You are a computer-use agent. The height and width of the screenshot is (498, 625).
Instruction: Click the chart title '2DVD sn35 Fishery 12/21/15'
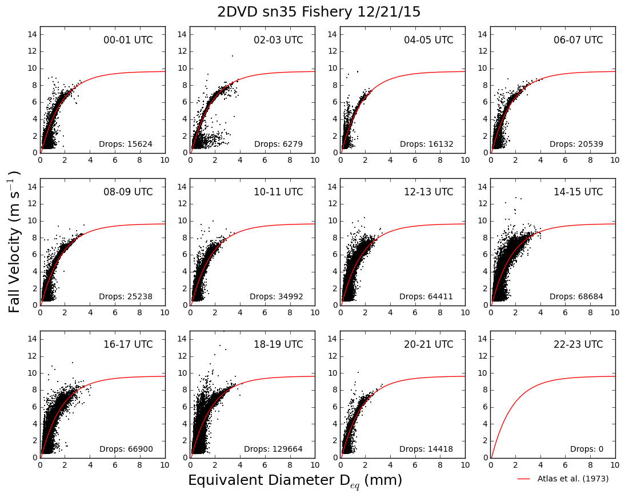(x=319, y=12)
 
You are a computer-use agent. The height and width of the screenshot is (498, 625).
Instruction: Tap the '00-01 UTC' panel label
(x=128, y=40)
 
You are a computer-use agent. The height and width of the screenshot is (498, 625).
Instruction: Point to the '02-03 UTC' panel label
(x=278, y=40)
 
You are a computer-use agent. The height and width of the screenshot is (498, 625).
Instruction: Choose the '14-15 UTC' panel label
(x=578, y=192)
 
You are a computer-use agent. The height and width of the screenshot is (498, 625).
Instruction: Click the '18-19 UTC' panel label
(x=278, y=344)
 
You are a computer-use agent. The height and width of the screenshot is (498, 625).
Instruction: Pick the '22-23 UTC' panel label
(x=578, y=344)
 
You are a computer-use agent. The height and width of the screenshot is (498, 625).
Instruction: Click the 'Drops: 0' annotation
(x=587, y=449)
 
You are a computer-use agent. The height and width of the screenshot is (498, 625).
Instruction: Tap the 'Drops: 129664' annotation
(x=274, y=449)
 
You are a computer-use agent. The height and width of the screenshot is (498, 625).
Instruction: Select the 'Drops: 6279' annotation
(x=279, y=144)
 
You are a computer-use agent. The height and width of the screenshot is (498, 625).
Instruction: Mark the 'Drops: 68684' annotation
(x=576, y=296)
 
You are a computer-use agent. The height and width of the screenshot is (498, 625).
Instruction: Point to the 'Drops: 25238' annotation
(x=126, y=296)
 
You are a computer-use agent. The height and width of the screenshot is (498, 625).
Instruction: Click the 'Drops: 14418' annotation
(x=427, y=449)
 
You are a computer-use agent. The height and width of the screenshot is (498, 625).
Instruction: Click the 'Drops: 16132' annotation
(x=427, y=144)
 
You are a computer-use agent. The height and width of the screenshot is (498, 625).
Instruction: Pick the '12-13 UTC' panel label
(x=428, y=192)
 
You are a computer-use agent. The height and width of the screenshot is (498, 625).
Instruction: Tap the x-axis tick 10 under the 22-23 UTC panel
(x=615, y=465)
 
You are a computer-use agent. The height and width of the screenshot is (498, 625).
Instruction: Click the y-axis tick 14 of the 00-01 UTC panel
(x=33, y=34)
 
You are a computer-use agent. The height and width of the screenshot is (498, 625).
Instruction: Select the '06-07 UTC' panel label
(x=578, y=40)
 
